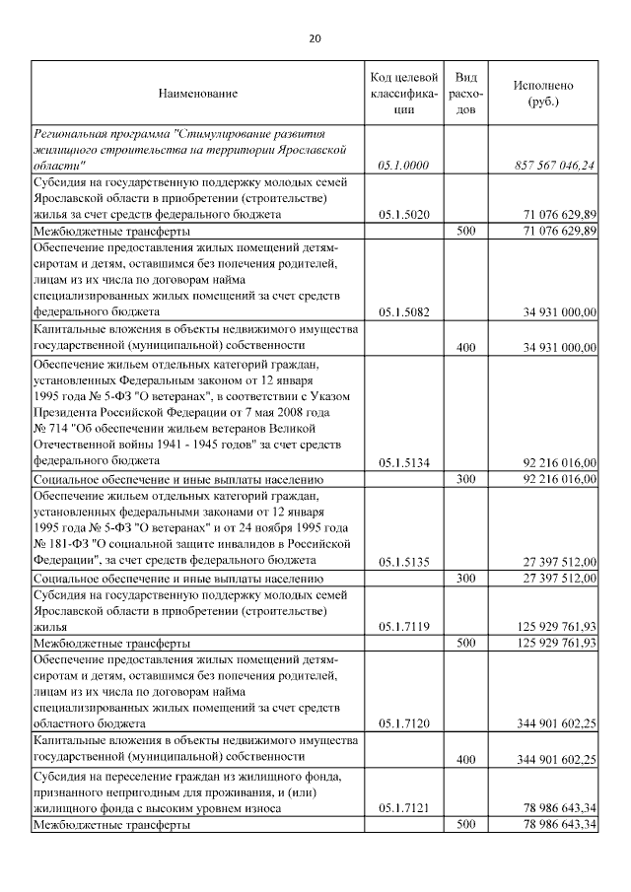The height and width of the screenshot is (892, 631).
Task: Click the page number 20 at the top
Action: [x=315, y=38]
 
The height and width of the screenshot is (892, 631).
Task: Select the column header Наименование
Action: [x=197, y=94]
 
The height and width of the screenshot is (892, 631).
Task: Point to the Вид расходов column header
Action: [x=468, y=94]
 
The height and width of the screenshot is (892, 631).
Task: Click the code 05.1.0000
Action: [x=403, y=166]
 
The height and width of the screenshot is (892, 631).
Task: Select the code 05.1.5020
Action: [x=403, y=214]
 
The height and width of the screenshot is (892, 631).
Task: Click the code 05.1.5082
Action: [x=403, y=312]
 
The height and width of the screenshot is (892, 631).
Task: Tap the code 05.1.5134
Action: [x=403, y=461]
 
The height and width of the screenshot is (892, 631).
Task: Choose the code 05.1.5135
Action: [x=403, y=561]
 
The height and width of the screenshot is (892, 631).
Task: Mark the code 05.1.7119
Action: [x=403, y=626]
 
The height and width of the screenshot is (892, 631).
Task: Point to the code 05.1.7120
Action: [x=403, y=724]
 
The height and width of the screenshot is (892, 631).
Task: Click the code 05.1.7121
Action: [x=403, y=808]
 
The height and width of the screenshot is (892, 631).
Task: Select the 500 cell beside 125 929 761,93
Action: [x=467, y=643]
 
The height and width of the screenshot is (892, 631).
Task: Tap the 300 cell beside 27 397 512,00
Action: [x=467, y=578]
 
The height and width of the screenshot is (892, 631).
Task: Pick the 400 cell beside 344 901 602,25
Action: [x=467, y=759]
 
